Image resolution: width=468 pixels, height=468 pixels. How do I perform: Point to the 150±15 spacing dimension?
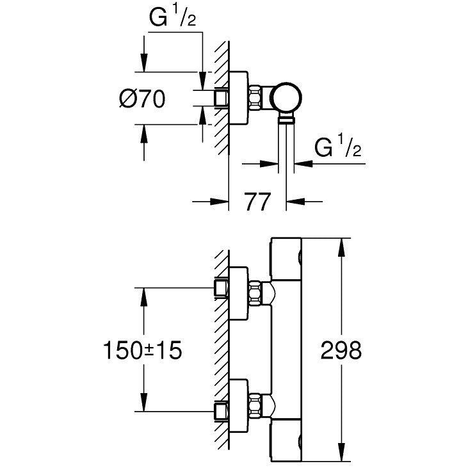click(x=142, y=350)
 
